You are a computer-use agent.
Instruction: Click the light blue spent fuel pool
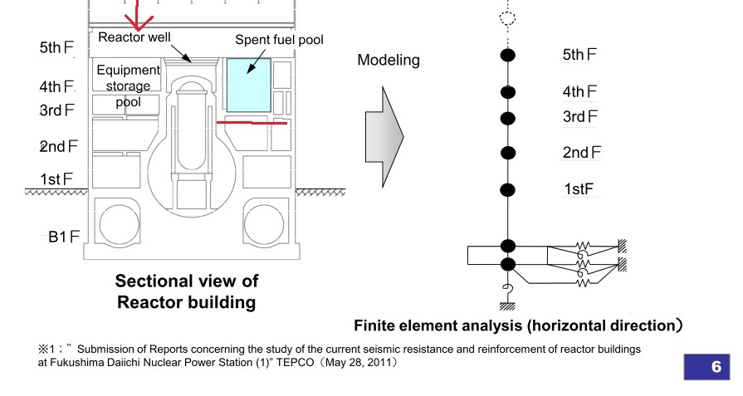pyautogui.click(x=248, y=84)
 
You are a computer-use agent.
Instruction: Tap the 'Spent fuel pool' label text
pyautogui.click(x=278, y=40)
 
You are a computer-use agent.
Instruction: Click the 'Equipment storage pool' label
pyautogui.click(x=128, y=86)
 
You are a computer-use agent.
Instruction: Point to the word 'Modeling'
pyautogui.click(x=389, y=61)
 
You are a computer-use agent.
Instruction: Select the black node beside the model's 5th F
pyautogui.click(x=508, y=56)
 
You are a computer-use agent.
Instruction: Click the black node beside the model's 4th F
pyautogui.click(x=508, y=91)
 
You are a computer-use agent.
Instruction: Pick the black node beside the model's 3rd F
pyautogui.click(x=508, y=117)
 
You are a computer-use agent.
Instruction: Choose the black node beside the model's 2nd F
pyautogui.click(x=508, y=153)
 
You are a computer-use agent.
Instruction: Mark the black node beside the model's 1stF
pyautogui.click(x=508, y=188)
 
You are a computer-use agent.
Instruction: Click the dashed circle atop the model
pyautogui.click(x=508, y=17)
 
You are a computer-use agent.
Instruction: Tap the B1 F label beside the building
pyautogui.click(x=63, y=237)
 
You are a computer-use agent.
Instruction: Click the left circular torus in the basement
pyautogui.click(x=120, y=225)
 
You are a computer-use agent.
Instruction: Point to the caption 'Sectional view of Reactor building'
pyautogui.click(x=184, y=291)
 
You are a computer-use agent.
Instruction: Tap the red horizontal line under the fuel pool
pyautogui.click(x=252, y=122)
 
